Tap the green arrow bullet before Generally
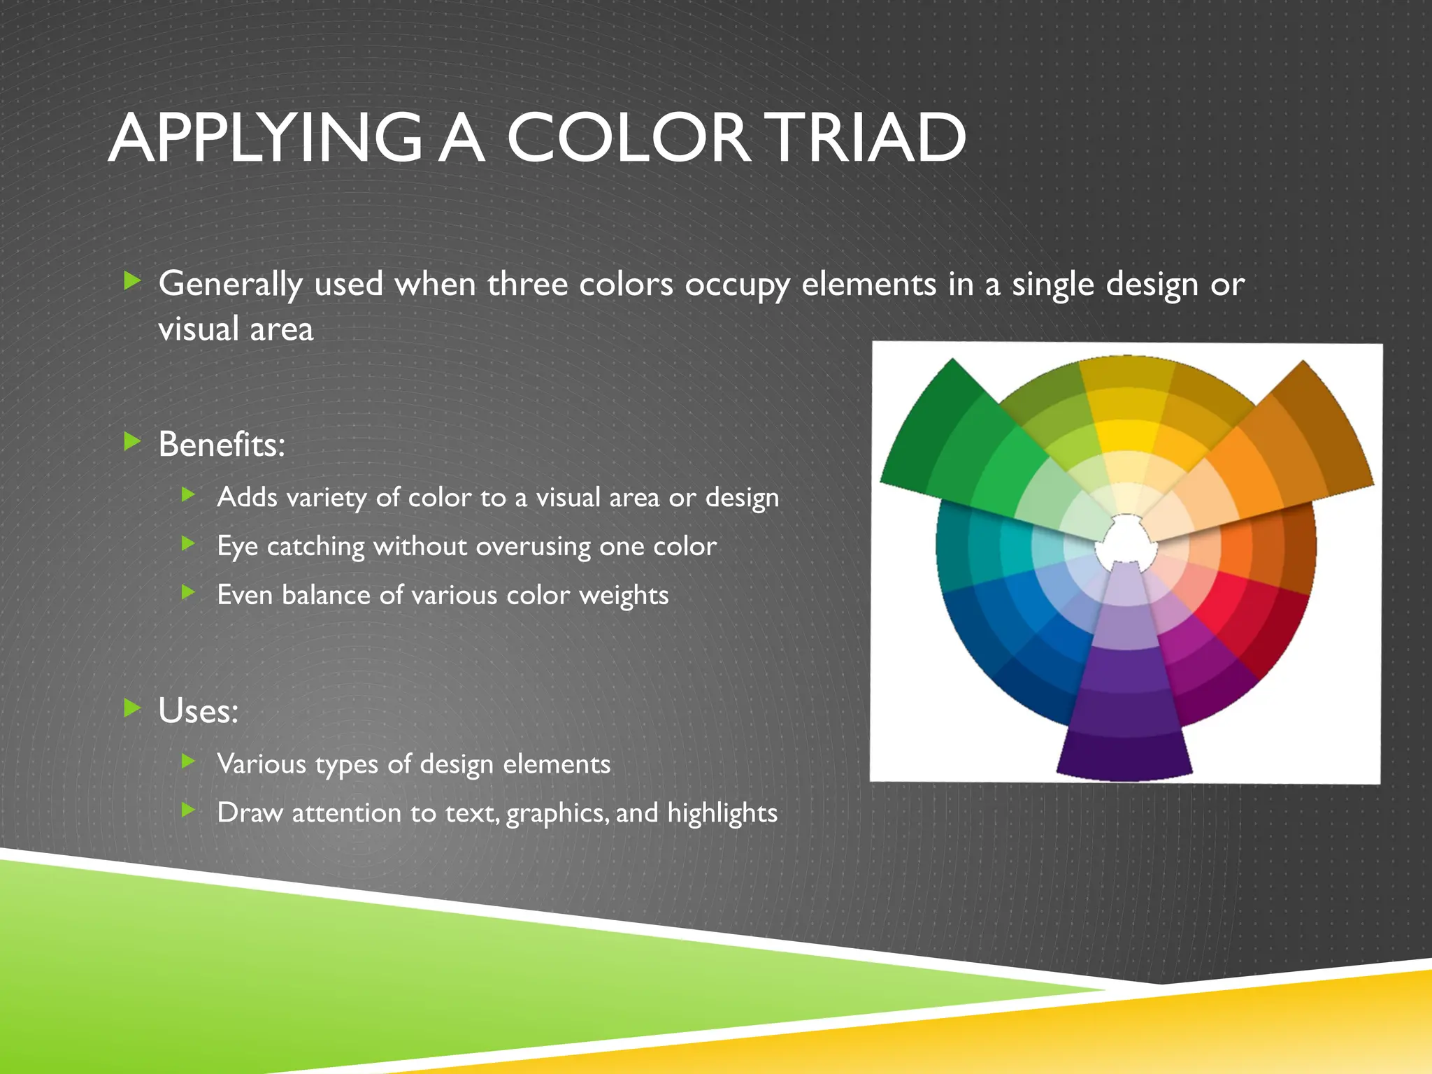pyautogui.click(x=131, y=282)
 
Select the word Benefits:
pyautogui.click(x=222, y=445)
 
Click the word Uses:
pyautogui.click(x=199, y=711)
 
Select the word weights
pyautogui.click(x=624, y=596)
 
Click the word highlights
pyautogui.click(x=722, y=813)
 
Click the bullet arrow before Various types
pyautogui.click(x=187, y=761)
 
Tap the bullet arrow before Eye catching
pyautogui.click(x=187, y=543)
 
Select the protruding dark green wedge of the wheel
pyautogui.click(x=937, y=434)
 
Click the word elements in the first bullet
pyautogui.click(x=868, y=285)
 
